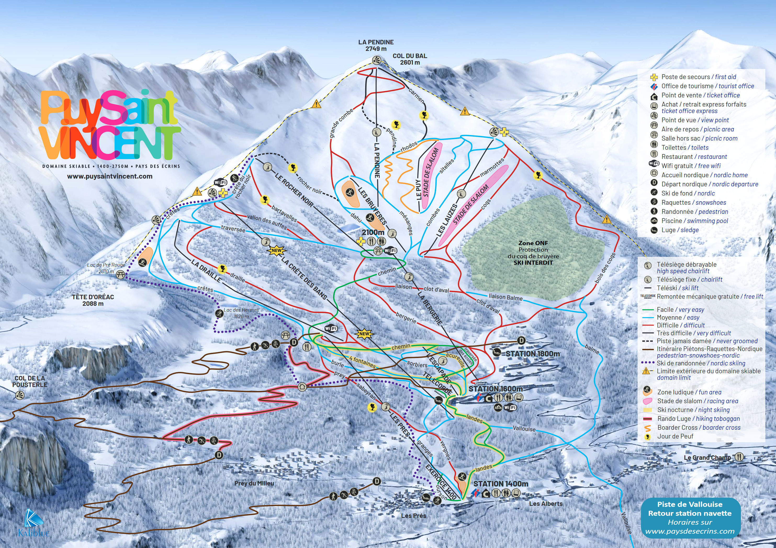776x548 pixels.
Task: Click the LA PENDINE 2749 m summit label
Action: pyautogui.click(x=376, y=45)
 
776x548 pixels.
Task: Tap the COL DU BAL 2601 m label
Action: pyautogui.click(x=410, y=59)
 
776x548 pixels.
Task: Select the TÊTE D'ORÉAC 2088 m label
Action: pyautogui.click(x=93, y=300)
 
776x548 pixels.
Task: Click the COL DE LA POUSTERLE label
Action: pyautogui.click(x=30, y=381)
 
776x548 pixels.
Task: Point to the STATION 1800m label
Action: pyautogui.click(x=532, y=354)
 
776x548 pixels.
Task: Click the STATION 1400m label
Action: pyautogui.click(x=501, y=484)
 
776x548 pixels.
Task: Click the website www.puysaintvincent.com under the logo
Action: pyautogui.click(x=110, y=176)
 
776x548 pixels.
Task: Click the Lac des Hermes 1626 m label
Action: pyautogui.click(x=241, y=313)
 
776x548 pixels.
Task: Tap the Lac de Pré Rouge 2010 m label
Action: pyautogui.click(x=106, y=268)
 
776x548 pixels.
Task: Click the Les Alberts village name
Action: pyautogui.click(x=546, y=503)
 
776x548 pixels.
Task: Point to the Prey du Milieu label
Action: pyautogui.click(x=254, y=483)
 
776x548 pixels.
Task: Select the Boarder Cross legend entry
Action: pyautogui.click(x=699, y=428)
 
